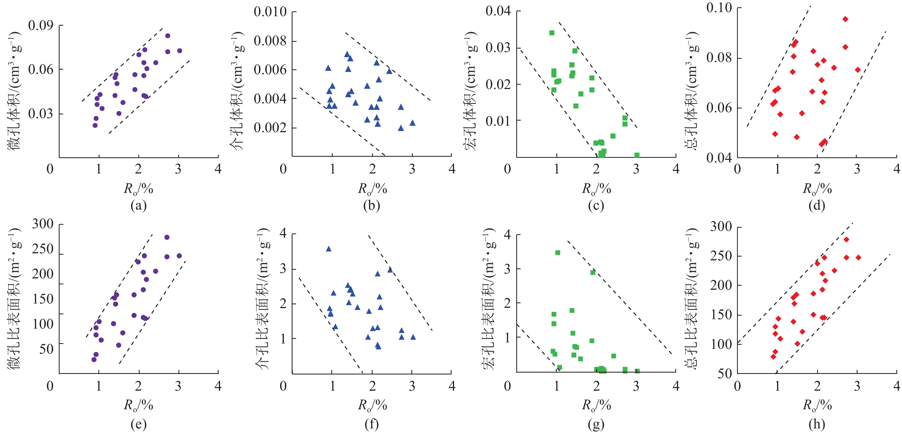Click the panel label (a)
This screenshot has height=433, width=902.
(x=138, y=205)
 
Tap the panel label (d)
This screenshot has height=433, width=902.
(x=817, y=205)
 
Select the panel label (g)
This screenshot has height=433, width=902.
(x=596, y=424)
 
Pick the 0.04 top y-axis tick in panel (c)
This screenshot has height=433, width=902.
(x=498, y=11)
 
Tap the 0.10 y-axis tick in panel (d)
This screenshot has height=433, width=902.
(x=719, y=8)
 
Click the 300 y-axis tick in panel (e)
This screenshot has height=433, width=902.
(x=42, y=224)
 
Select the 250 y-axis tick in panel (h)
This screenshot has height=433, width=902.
(x=721, y=256)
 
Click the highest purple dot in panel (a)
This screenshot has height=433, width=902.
(x=168, y=36)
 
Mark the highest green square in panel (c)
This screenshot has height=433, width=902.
(x=552, y=33)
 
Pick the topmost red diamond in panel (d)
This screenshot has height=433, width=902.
(x=845, y=19)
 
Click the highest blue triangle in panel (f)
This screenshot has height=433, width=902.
(x=328, y=249)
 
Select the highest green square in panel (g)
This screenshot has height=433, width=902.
(x=558, y=253)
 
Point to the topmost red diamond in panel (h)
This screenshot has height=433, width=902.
(x=846, y=240)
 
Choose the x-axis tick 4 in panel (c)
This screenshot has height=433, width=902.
(x=676, y=169)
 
